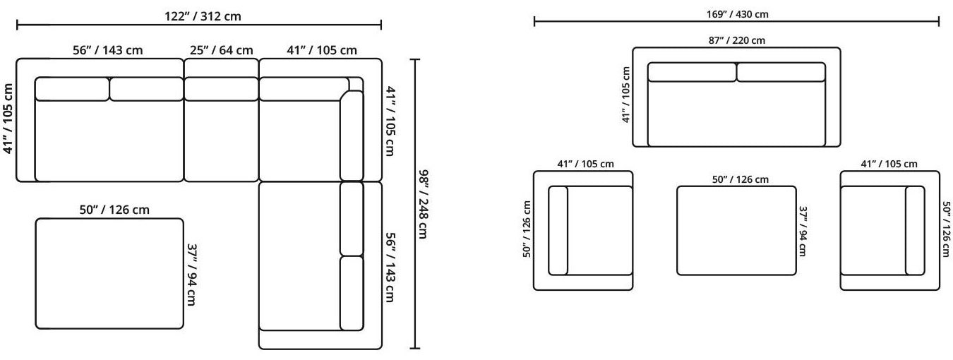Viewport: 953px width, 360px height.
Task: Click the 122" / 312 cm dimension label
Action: [x=203, y=16]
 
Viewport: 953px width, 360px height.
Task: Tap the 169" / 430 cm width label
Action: [x=737, y=14]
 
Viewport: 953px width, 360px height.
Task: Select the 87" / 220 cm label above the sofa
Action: [x=736, y=40]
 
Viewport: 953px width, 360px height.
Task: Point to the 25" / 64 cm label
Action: [x=221, y=50]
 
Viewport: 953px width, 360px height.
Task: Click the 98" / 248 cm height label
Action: [x=422, y=204]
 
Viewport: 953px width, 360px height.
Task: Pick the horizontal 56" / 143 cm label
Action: [x=107, y=50]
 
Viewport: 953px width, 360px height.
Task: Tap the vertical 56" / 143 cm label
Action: [x=390, y=268]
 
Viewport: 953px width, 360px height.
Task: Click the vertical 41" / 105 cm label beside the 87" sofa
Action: [x=626, y=95]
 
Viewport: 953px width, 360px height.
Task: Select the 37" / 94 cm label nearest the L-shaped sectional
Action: [x=191, y=275]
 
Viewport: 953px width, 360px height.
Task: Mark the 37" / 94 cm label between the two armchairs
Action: [x=803, y=231]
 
